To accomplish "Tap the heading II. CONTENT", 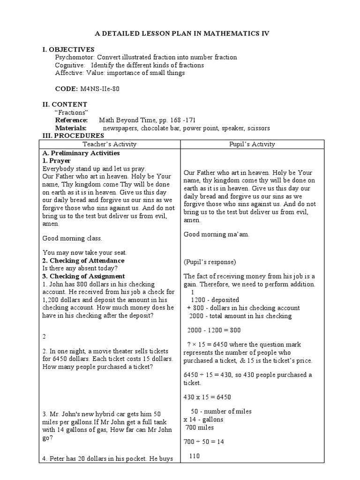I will [x=65, y=105].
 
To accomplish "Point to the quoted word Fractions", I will [x=71, y=112].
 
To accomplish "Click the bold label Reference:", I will [x=71, y=120].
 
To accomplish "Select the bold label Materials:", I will [x=71, y=128].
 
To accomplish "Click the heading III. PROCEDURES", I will [x=74, y=136].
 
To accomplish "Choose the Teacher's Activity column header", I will [x=109, y=144].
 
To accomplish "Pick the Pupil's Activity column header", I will [x=252, y=144].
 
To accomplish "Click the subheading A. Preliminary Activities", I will [x=81, y=153].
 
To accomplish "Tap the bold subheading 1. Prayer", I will [x=56, y=161].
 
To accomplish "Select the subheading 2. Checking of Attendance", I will [x=83, y=261].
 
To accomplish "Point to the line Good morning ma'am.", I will [x=216, y=234].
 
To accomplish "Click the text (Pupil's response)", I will [x=210, y=262].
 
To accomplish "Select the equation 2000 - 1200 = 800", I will [x=214, y=330].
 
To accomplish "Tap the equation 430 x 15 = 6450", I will [x=207, y=397].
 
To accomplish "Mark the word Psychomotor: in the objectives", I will [x=72, y=57].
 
